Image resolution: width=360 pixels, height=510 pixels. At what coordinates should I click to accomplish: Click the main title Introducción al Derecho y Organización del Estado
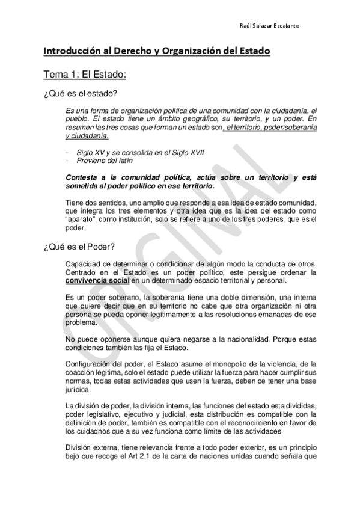[x=156, y=51]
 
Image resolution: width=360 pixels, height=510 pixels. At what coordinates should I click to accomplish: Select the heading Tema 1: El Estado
[x=84, y=75]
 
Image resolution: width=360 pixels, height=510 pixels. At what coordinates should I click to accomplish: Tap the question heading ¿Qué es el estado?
[x=80, y=95]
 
